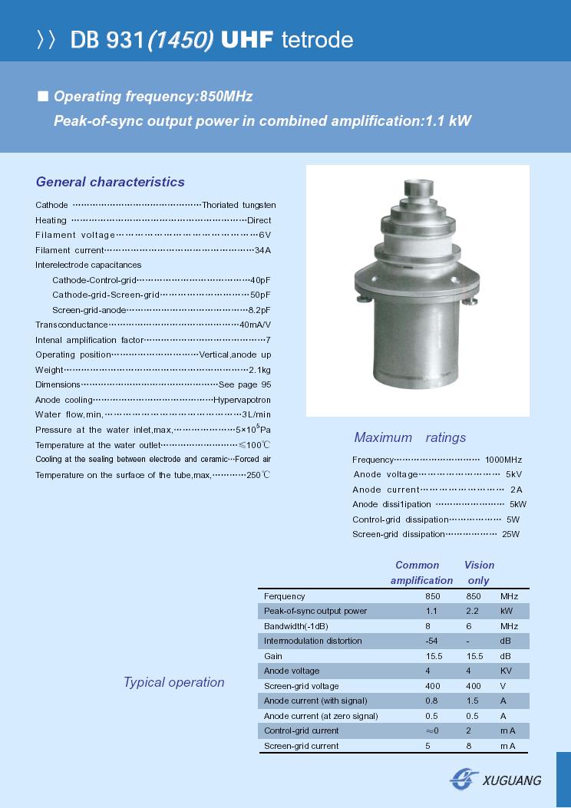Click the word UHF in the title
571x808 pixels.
[247, 41]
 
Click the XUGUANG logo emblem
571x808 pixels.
[464, 779]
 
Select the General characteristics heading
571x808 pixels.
[111, 182]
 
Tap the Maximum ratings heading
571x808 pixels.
[410, 437]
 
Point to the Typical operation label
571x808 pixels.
[174, 682]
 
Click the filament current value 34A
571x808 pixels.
[262, 250]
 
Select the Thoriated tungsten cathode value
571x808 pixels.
[239, 206]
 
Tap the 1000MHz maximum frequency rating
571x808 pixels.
[503, 460]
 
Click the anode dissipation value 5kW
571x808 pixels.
[518, 504]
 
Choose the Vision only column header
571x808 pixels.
[479, 572]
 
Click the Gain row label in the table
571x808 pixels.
[273, 656]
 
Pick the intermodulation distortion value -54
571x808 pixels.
[431, 641]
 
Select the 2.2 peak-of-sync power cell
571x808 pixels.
[473, 612]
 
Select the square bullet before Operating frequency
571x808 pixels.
[43, 96]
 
